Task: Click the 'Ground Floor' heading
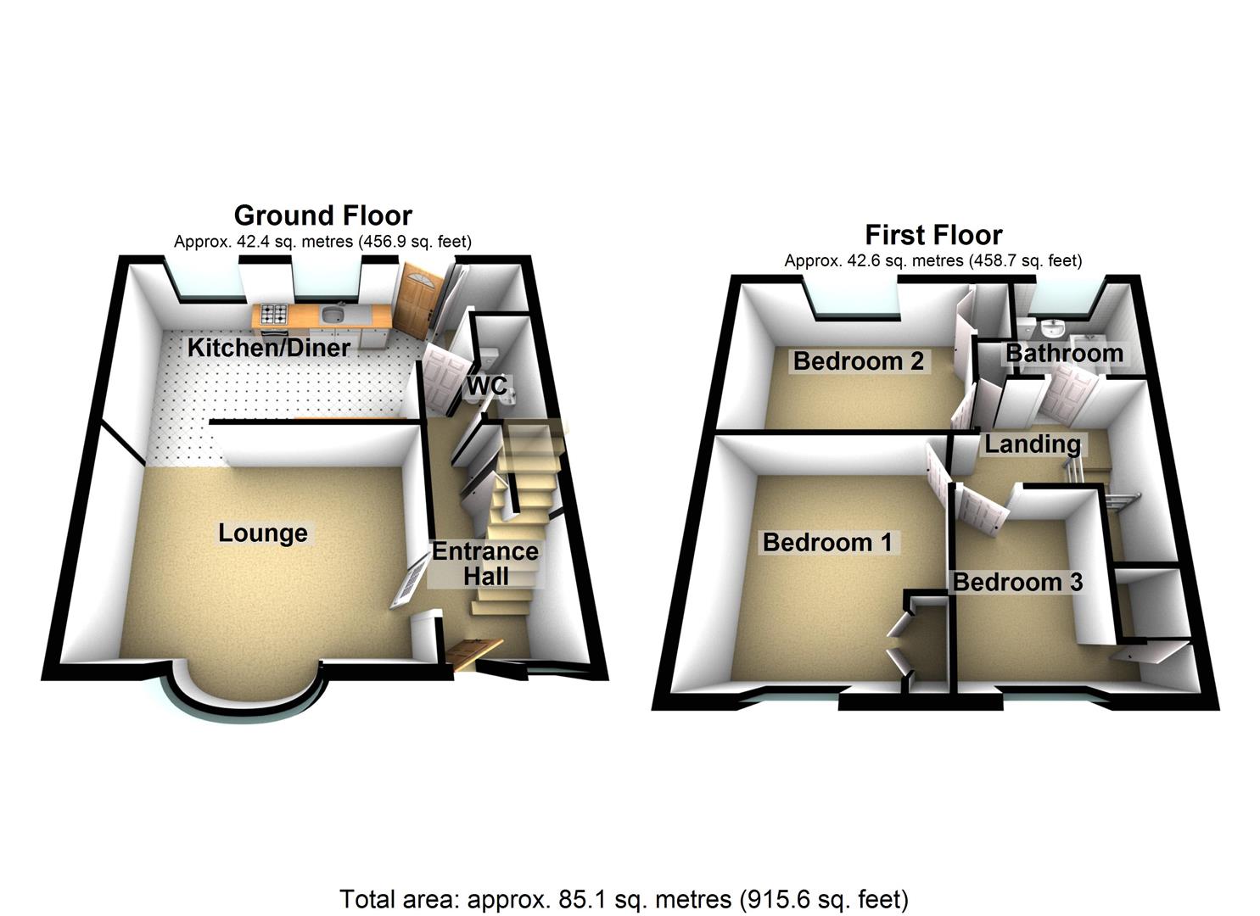[322, 215]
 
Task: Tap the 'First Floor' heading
[933, 234]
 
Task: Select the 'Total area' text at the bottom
[624, 898]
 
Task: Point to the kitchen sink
[332, 316]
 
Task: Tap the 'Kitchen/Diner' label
[269, 347]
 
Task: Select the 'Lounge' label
[263, 533]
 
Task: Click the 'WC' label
[487, 387]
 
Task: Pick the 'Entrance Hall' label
[485, 563]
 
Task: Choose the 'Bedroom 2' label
[859, 361]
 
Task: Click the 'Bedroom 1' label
[827, 542]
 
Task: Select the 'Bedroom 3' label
[1017, 582]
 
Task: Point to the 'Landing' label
[1033, 444]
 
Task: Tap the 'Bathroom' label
[1064, 353]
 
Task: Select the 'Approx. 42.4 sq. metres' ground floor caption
[322, 242]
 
